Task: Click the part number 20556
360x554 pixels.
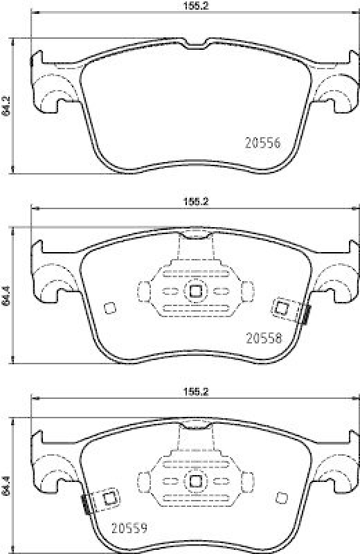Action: pos(263,143)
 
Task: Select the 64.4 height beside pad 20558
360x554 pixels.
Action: pos(6,295)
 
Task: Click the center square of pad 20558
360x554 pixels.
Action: pos(195,291)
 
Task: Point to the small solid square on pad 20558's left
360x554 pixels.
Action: pos(109,308)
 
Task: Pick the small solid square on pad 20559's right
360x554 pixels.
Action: pos(281,497)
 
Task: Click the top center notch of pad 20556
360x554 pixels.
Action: pos(195,46)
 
